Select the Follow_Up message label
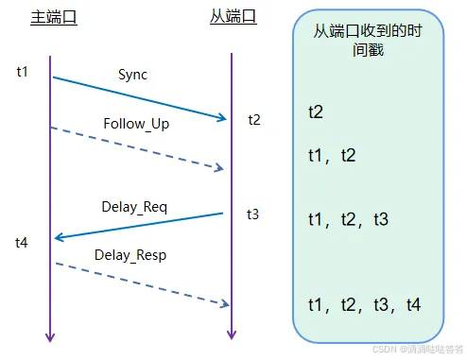pos(136,124)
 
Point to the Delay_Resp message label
pos(131,255)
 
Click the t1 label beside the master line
pos(23,72)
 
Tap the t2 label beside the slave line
pos(254,120)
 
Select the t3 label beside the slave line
pos(252,214)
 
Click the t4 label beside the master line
pos(22,243)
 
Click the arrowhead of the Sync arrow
pos(223,119)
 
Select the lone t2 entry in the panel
pos(316,111)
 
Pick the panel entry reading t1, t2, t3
pos(348,219)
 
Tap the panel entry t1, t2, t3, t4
pos(364,304)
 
